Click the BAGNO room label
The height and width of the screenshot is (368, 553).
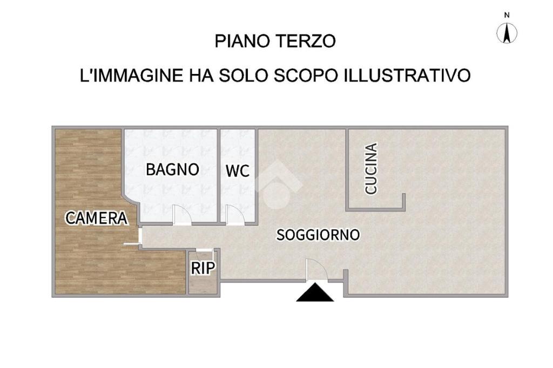pyautogui.click(x=172, y=169)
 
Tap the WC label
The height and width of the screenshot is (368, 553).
pyautogui.click(x=238, y=171)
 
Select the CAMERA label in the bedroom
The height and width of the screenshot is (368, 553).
pyautogui.click(x=96, y=218)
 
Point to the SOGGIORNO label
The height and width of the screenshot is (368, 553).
pyautogui.click(x=318, y=235)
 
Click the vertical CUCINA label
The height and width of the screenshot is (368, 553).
pyautogui.click(x=371, y=168)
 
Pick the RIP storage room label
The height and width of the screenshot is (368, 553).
pyautogui.click(x=203, y=268)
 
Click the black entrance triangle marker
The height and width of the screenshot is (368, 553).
pyautogui.click(x=315, y=292)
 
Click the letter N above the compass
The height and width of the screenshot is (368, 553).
pyautogui.click(x=507, y=15)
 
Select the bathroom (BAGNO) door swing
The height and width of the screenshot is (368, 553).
pyautogui.click(x=182, y=215)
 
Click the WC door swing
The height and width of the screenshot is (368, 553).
pyautogui.click(x=235, y=215)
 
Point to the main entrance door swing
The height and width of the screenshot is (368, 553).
pyautogui.click(x=316, y=270)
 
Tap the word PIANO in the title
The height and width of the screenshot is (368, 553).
pyautogui.click(x=243, y=41)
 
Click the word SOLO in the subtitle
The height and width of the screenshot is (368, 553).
pyautogui.click(x=244, y=75)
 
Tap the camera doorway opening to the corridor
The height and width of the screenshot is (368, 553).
pyautogui.click(x=140, y=235)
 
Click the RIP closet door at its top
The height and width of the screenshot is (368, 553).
pyautogui.click(x=204, y=250)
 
